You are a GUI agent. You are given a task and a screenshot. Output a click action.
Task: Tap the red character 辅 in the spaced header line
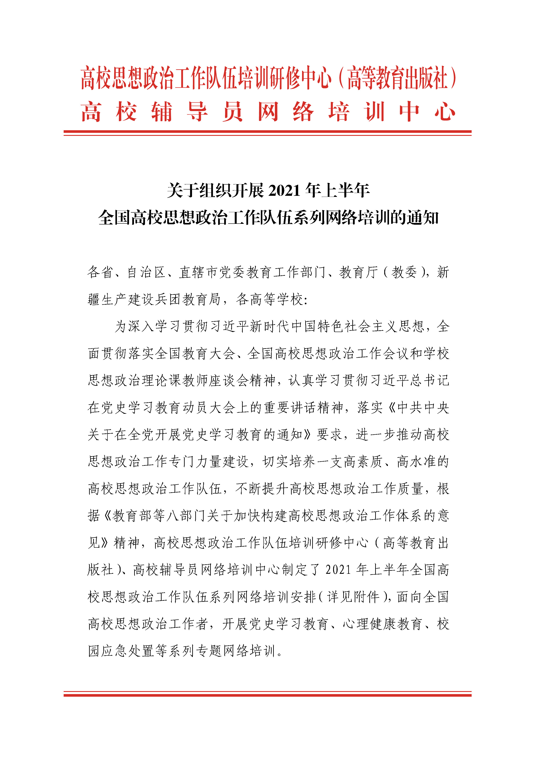point(162,112)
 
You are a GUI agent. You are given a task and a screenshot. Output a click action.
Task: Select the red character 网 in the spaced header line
point(268,112)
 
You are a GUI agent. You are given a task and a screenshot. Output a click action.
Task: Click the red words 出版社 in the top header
point(426,78)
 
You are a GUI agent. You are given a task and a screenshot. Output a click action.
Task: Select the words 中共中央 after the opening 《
point(423,408)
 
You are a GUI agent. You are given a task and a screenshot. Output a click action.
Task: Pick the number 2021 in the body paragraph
point(338,570)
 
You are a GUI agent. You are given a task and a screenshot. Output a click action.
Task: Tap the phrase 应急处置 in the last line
point(121,651)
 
